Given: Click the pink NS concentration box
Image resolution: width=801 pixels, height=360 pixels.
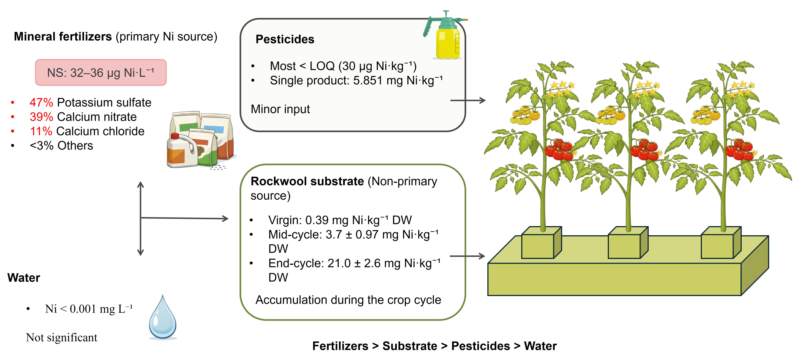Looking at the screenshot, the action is click(x=101, y=72).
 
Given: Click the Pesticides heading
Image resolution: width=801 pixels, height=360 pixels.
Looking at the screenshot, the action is click(x=285, y=40).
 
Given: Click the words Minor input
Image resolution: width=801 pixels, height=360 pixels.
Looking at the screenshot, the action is click(x=280, y=109).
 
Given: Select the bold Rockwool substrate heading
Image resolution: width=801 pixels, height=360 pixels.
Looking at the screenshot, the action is click(x=307, y=181).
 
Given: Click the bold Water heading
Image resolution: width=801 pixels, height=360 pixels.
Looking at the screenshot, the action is click(x=24, y=278).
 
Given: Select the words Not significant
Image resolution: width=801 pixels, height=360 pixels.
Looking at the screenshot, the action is click(x=62, y=337).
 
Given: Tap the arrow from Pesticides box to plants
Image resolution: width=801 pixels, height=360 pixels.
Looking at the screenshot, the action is click(x=468, y=100).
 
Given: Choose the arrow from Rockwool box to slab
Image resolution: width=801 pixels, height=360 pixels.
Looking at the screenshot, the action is click(x=467, y=256).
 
